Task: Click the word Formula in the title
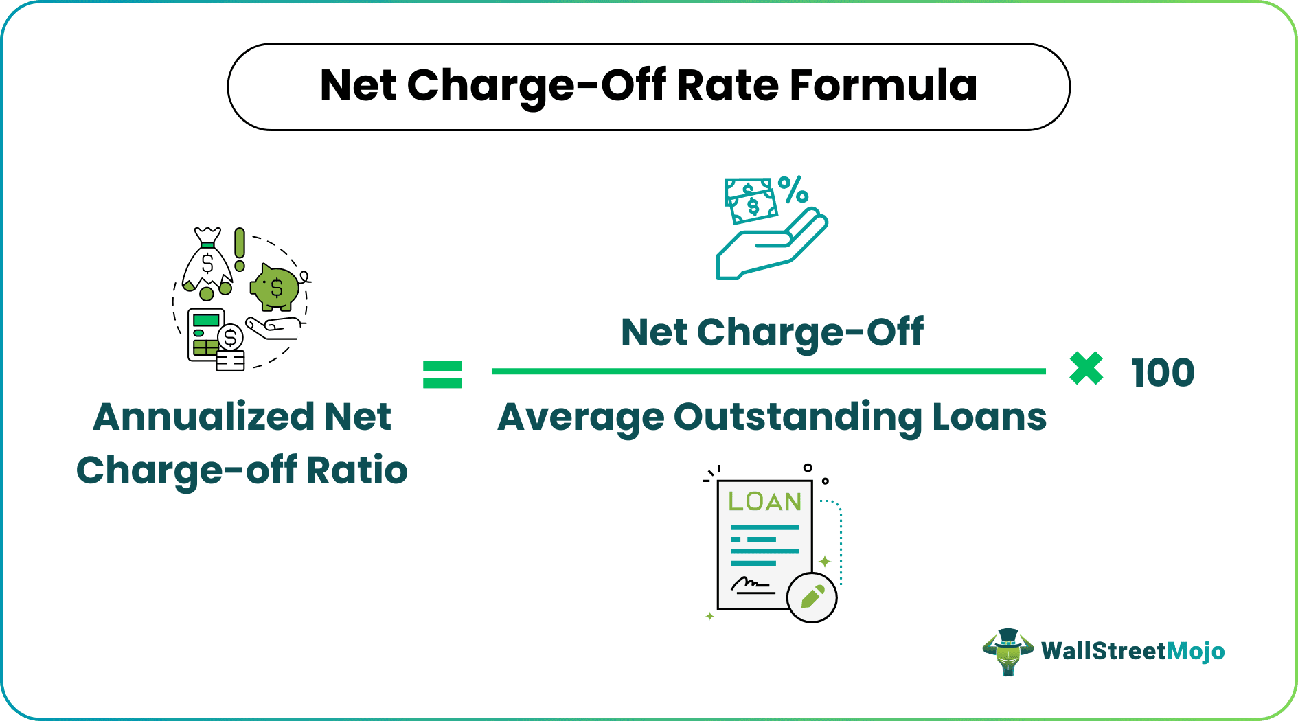[x=883, y=87]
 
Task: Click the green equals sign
[x=442, y=374]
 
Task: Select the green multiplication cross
[x=1086, y=369]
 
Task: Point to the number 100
[x=1163, y=373]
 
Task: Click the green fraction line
[x=768, y=371]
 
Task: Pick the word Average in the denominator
[x=581, y=417]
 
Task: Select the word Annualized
[x=203, y=417]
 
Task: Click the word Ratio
[x=356, y=470]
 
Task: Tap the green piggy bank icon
[x=276, y=287]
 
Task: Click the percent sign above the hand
[x=793, y=190]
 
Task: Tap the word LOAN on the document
[x=764, y=502]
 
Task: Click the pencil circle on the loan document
[x=812, y=597]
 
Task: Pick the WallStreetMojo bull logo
[x=1007, y=652]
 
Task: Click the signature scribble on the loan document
[x=749, y=584]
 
